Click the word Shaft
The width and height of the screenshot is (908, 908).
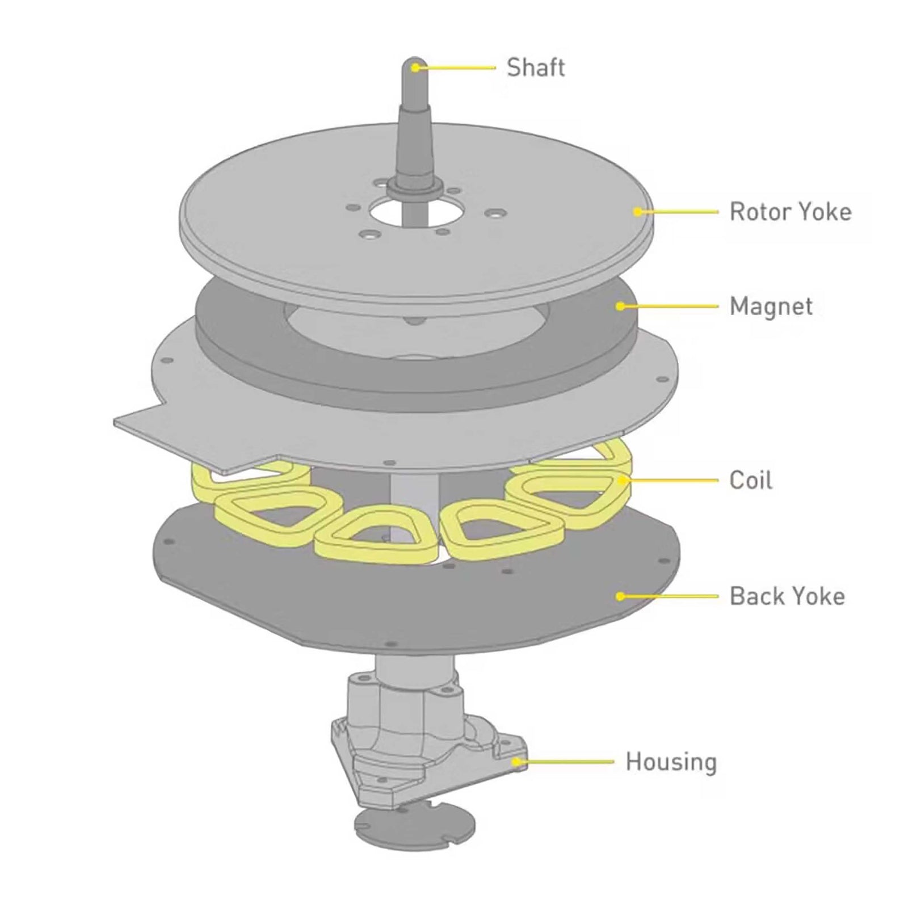(535, 68)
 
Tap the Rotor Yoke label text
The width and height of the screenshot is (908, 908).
(790, 212)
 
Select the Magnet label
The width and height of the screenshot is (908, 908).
(771, 306)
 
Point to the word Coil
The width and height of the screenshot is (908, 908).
(750, 481)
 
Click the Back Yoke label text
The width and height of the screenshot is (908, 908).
(787, 596)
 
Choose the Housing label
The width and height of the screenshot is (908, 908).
(671, 762)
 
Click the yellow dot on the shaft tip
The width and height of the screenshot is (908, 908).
(415, 68)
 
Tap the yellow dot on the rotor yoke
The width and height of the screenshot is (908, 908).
(638, 212)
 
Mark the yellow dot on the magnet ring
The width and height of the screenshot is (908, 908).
(620, 306)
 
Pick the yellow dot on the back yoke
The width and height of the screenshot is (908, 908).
(620, 596)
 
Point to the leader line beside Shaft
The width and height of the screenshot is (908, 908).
(457, 68)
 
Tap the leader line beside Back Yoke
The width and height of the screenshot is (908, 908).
(670, 596)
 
